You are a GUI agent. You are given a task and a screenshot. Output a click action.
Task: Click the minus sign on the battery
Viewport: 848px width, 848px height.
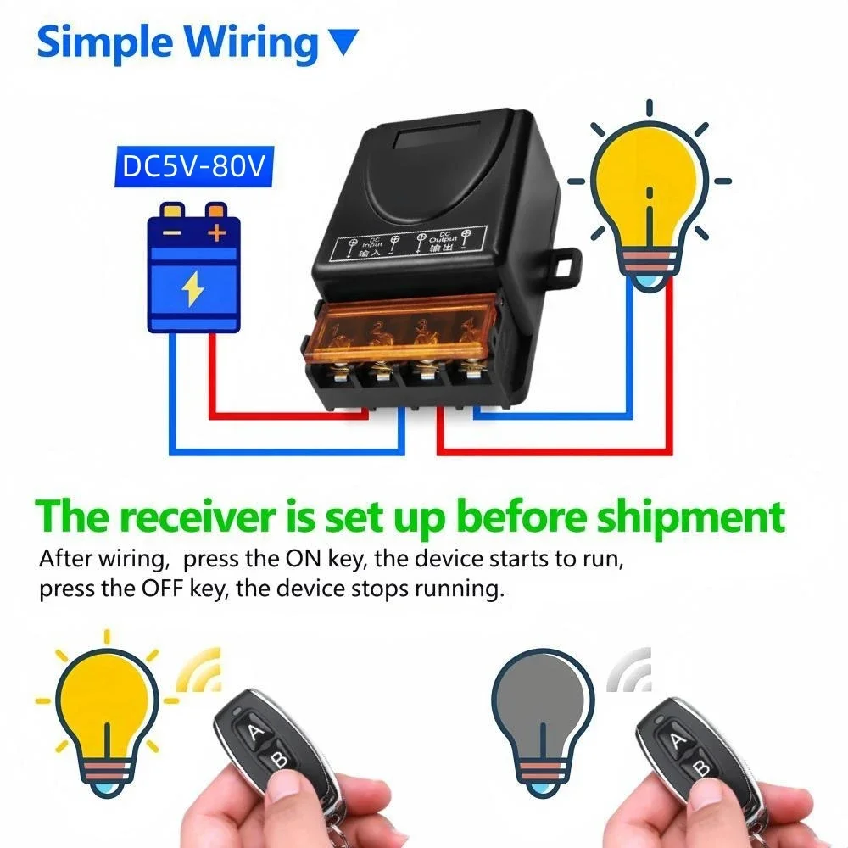pos(172,232)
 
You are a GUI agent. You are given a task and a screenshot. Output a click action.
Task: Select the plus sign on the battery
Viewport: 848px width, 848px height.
pos(216,232)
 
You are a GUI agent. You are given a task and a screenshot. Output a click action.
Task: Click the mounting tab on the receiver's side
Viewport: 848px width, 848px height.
pos(565,263)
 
